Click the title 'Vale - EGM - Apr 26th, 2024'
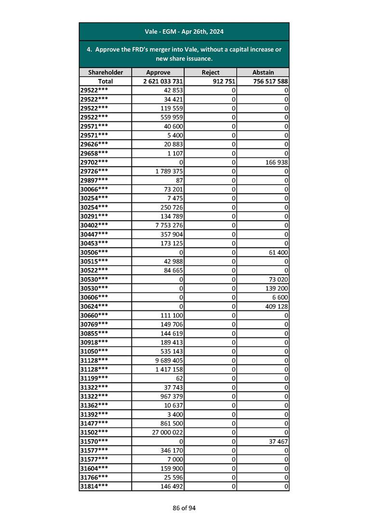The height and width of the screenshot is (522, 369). pos(184,32)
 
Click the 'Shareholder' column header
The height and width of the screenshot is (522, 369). pos(105,72)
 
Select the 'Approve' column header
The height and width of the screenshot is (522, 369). pos(158,72)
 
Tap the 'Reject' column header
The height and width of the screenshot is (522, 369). pos(211,72)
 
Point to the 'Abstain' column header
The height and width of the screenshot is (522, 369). pos(263,72)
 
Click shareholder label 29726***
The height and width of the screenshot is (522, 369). pos(94,171)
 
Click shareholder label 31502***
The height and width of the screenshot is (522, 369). pos(94,432)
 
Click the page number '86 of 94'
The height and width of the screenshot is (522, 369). pos(184,508)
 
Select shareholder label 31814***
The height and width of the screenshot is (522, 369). pos(94,486)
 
